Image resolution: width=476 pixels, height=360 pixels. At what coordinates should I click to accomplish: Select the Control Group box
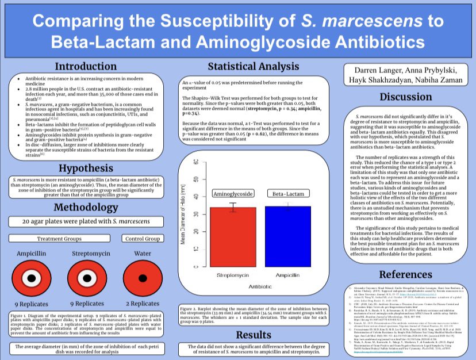tap(142, 239)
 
